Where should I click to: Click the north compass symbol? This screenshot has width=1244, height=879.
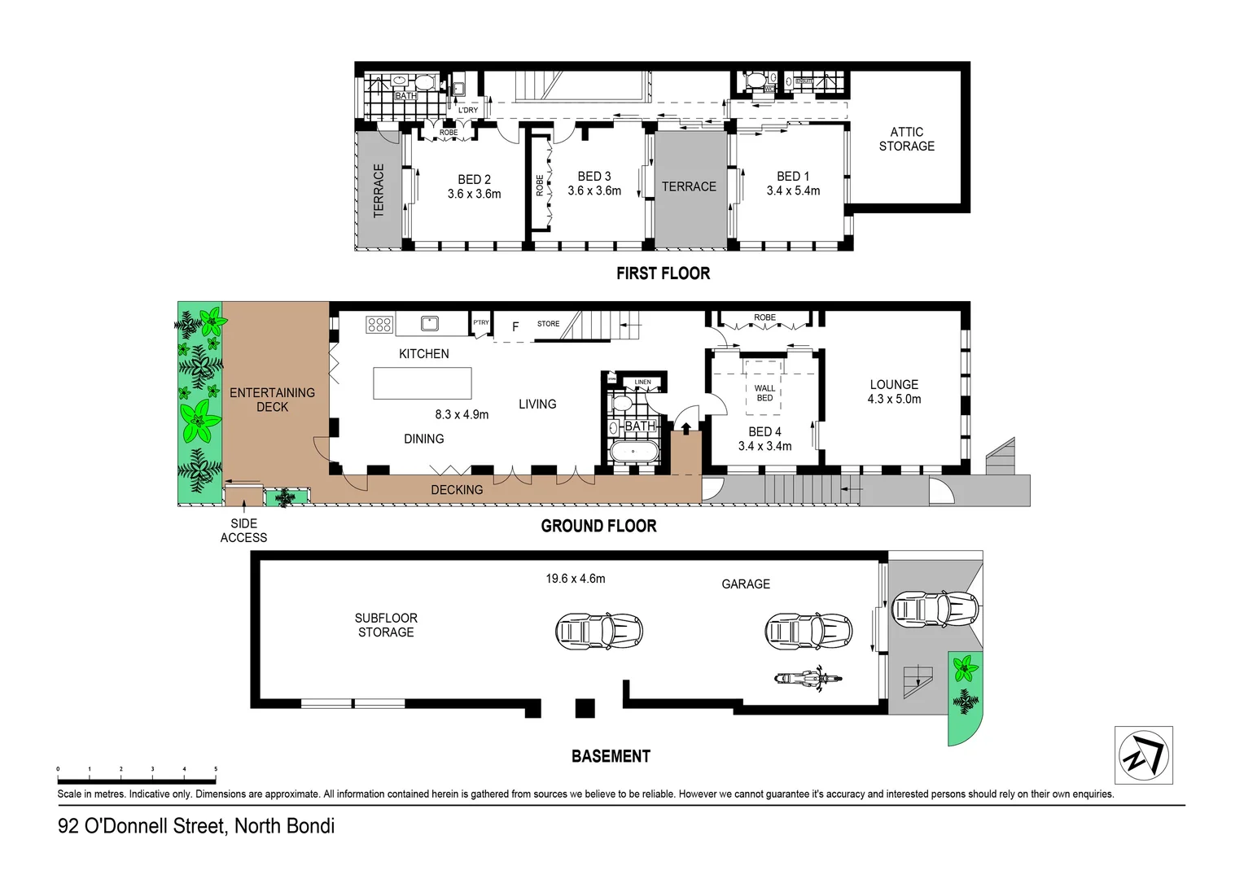pyautogui.click(x=1143, y=755)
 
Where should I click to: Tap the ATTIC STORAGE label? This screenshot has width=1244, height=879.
pyautogui.click(x=906, y=139)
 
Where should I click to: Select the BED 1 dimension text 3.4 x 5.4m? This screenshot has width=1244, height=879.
pyautogui.click(x=793, y=191)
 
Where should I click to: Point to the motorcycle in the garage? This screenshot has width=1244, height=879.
pyautogui.click(x=808, y=678)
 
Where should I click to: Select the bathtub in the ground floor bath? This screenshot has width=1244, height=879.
pyautogui.click(x=633, y=452)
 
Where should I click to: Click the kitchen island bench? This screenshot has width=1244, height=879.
pyautogui.click(x=422, y=383)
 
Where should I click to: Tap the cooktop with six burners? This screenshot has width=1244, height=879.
pyautogui.click(x=379, y=325)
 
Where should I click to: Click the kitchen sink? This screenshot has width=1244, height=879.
pyautogui.click(x=430, y=324)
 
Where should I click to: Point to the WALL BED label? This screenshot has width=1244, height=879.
pyautogui.click(x=764, y=393)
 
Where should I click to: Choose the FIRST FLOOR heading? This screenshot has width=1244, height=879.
pyautogui.click(x=663, y=273)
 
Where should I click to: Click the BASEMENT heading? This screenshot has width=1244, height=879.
pyautogui.click(x=611, y=756)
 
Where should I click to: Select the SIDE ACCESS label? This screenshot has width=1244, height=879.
pyautogui.click(x=243, y=531)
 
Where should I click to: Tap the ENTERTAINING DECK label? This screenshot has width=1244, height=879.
pyautogui.click(x=272, y=400)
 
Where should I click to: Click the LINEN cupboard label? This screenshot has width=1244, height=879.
pyautogui.click(x=642, y=382)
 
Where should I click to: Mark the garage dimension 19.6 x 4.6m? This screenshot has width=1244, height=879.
pyautogui.click(x=575, y=579)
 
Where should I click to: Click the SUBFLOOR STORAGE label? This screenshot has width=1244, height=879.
pyautogui.click(x=386, y=625)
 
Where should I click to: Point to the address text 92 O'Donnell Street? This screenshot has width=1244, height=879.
pyautogui.click(x=195, y=826)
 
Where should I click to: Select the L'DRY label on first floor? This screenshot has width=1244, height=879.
pyautogui.click(x=468, y=110)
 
